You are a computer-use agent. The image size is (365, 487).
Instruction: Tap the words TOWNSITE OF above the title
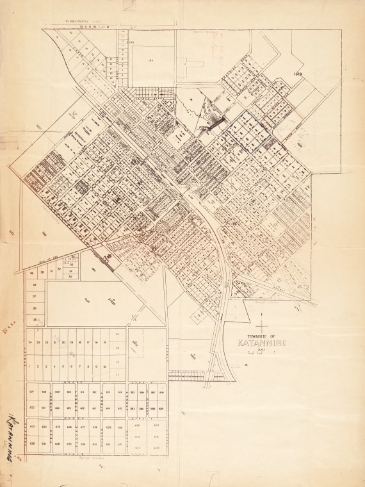[263, 335]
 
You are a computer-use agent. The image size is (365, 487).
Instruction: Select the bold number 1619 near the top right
[297, 74]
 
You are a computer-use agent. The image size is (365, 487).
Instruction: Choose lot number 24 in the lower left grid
[30, 343]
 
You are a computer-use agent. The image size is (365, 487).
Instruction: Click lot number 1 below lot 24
[30, 367]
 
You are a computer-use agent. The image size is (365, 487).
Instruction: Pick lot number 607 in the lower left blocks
[31, 391]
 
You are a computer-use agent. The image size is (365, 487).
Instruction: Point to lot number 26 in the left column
[35, 308]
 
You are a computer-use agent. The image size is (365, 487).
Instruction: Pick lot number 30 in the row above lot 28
[42, 272]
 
